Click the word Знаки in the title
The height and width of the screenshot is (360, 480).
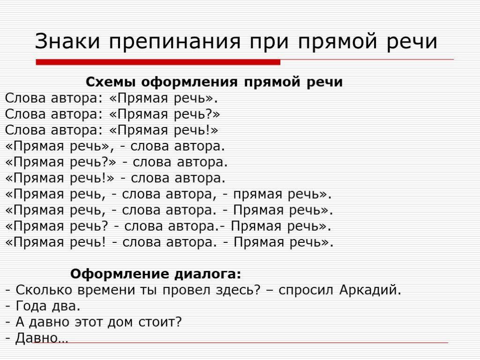coord(67,41)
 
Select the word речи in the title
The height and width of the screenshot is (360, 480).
coord(412,43)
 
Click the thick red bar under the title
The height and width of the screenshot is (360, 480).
coord(158,62)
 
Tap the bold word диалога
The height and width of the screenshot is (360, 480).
coord(208,274)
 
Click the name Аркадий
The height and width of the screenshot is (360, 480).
coord(370,290)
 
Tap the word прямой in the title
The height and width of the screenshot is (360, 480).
coord(337,43)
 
